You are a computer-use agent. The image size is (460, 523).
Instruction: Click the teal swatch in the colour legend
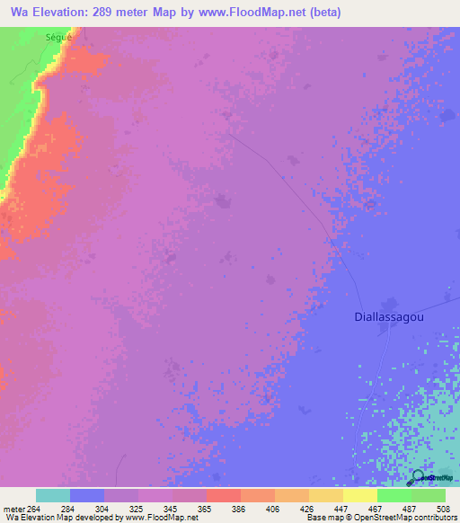[53, 495]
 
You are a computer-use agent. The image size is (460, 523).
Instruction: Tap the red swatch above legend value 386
[223, 495]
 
